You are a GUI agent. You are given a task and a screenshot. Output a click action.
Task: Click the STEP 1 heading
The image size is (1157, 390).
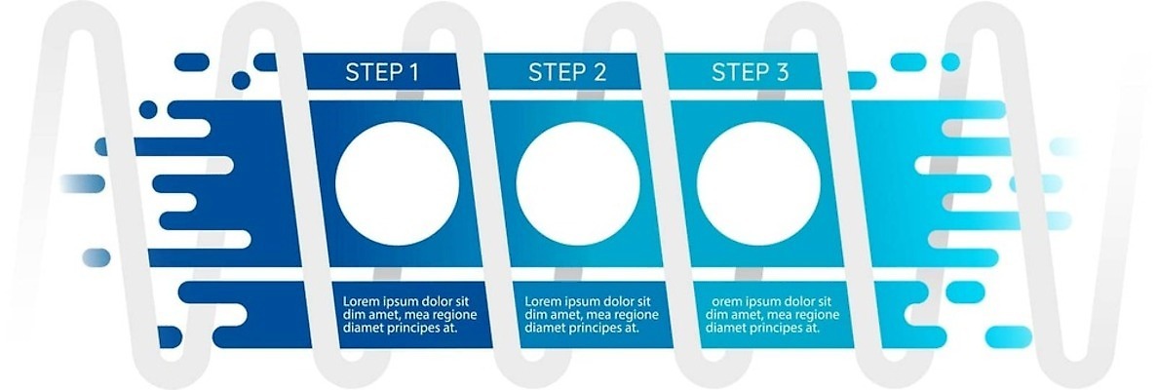[382, 72]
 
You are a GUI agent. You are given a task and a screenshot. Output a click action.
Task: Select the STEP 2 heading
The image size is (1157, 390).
[567, 72]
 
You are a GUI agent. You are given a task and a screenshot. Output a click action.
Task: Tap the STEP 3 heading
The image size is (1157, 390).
[750, 72]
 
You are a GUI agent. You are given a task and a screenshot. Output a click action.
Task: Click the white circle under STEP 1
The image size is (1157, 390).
[397, 183]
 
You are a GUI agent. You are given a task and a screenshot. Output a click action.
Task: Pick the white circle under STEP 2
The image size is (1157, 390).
[578, 183]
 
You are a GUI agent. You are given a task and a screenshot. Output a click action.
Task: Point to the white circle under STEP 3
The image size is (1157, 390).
[758, 183]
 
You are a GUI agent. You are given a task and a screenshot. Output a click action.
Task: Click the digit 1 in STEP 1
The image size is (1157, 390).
[413, 72]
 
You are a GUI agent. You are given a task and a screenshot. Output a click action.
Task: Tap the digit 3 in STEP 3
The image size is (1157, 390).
[782, 72]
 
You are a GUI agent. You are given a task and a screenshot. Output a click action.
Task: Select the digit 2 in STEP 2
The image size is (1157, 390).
[599, 72]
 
